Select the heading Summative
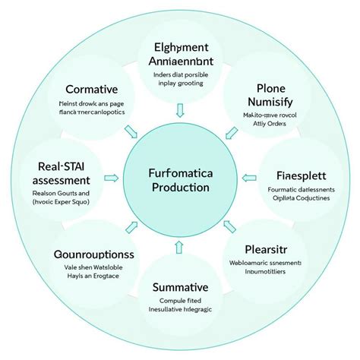click(x=180, y=286)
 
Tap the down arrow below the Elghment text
click(x=180, y=112)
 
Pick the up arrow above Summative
click(x=180, y=245)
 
